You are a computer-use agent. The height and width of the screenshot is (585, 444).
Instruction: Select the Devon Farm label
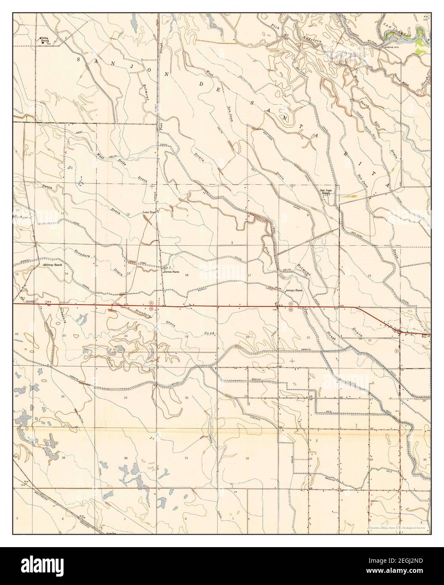coord(171,272)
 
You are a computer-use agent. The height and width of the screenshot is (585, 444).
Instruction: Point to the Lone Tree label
coord(149,212)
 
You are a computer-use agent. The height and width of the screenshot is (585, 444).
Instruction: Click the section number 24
coord(126,336)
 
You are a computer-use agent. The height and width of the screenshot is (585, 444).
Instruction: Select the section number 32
coord(247,458)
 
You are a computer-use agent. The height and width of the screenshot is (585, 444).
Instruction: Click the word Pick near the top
coord(276,27)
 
